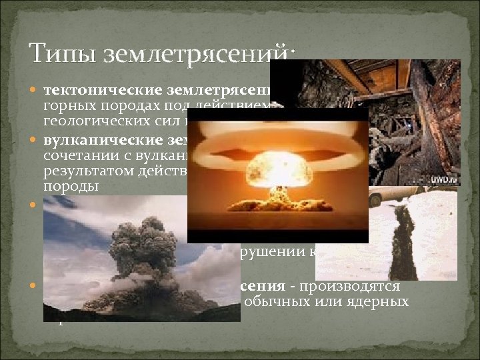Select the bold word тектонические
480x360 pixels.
coord(103,90)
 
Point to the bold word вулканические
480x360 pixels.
coord(103,140)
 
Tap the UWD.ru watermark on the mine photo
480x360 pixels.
coord(443,180)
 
